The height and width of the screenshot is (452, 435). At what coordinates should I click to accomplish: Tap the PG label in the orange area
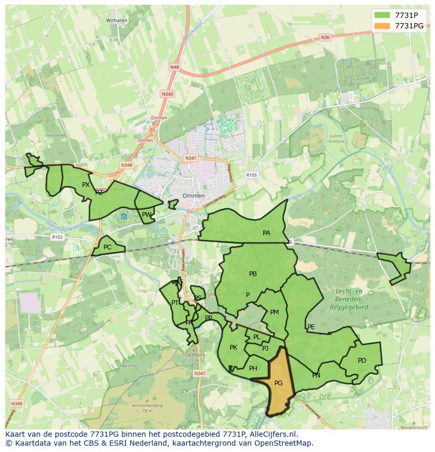(278, 383)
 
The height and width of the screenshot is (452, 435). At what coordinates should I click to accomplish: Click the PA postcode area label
(266, 233)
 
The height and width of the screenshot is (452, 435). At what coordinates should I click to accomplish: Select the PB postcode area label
(253, 274)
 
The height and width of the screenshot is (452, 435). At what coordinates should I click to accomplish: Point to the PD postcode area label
(361, 361)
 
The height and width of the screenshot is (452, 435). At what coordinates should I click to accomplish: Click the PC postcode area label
(107, 247)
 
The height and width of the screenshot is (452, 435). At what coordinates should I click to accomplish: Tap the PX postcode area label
(86, 185)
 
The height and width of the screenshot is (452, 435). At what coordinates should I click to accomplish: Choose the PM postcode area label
(274, 312)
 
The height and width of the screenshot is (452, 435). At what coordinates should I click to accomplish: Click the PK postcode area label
(233, 348)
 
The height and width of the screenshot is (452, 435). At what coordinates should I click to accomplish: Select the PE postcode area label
(311, 327)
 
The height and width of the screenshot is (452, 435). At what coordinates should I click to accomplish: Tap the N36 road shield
(325, 37)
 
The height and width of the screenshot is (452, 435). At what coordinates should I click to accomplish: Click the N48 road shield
(174, 67)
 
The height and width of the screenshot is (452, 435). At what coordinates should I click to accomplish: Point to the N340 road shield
(167, 94)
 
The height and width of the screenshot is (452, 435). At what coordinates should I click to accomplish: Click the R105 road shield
(252, 175)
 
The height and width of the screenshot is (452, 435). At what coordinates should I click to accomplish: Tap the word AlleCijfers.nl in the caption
(272, 434)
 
